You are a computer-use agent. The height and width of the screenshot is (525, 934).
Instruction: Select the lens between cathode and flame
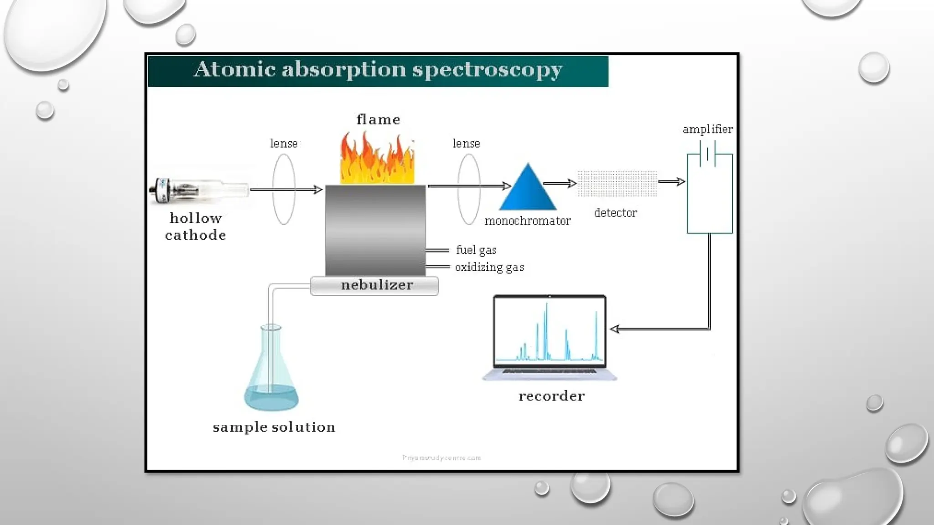(x=284, y=189)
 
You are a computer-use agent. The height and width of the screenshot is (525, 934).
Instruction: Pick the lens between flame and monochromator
(x=469, y=189)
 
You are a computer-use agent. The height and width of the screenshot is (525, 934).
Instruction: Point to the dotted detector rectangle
(x=617, y=184)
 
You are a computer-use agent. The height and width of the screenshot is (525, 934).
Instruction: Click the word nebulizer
(x=377, y=285)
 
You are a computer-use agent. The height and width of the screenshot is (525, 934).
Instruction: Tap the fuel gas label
(x=476, y=250)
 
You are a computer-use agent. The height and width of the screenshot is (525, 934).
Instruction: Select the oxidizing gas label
(x=489, y=267)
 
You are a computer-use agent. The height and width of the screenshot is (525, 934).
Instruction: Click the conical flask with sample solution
(x=271, y=374)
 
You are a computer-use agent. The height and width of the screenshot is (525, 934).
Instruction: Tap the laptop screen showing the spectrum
(x=550, y=330)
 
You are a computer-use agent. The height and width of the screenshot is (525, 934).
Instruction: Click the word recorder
(x=551, y=396)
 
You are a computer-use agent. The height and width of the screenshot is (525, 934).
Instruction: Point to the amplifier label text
(x=707, y=129)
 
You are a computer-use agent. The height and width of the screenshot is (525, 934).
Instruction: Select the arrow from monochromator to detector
(x=560, y=183)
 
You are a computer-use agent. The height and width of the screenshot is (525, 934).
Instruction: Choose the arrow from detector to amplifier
(x=672, y=182)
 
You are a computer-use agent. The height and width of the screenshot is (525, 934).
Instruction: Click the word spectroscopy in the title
(x=487, y=70)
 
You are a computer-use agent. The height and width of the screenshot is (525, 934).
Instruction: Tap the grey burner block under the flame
(x=375, y=230)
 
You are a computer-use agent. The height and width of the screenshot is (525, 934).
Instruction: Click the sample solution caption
(x=274, y=427)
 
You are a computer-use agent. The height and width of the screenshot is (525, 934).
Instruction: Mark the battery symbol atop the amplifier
(x=707, y=154)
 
